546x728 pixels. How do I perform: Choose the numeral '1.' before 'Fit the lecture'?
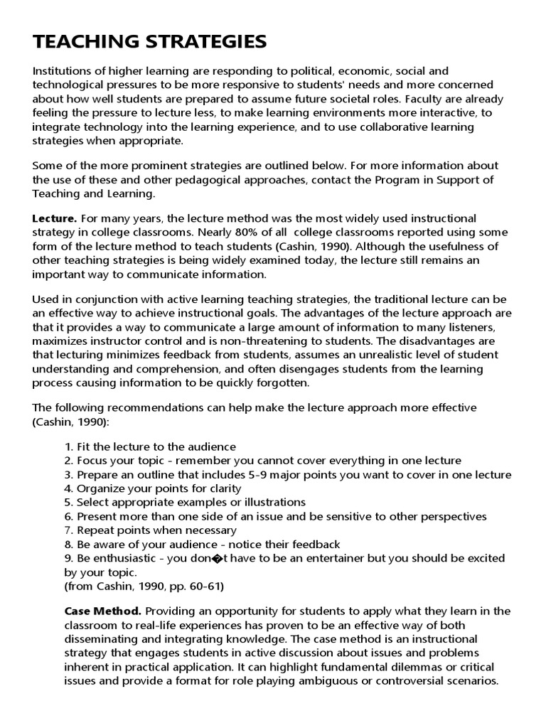69,447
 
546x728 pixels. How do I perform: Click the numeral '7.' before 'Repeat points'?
69,530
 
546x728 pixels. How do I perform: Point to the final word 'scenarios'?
468,681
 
